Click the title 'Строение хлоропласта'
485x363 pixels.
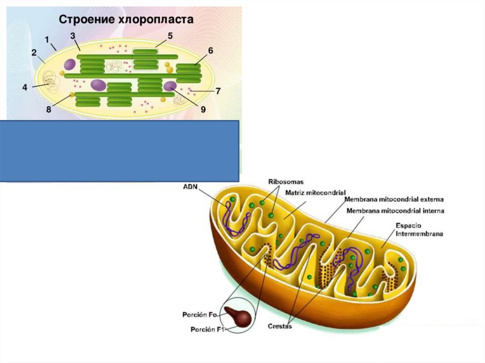click(x=126, y=20)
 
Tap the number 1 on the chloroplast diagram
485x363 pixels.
click(x=47, y=38)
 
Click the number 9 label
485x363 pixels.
click(x=203, y=109)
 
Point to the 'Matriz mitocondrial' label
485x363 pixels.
click(x=315, y=193)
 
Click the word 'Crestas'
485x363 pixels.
click(x=280, y=326)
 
